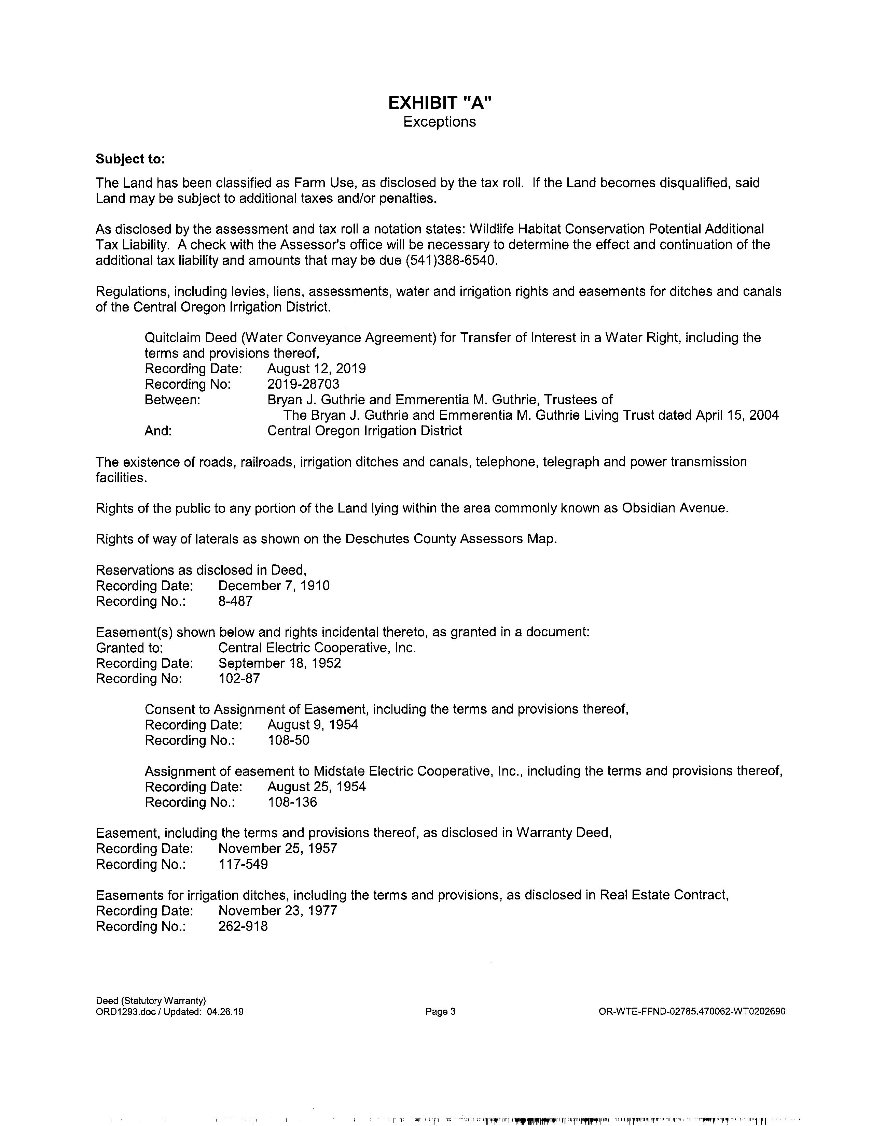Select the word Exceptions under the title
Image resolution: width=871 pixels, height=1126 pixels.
tap(440, 122)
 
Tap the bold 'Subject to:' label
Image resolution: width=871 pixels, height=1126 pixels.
tap(130, 159)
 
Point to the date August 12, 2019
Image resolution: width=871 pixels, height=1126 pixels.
tap(316, 369)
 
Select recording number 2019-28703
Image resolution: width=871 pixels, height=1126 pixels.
tap(303, 384)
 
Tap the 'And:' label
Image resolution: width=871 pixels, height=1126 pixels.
tap(158, 431)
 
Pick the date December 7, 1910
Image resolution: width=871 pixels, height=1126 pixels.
tap(274, 586)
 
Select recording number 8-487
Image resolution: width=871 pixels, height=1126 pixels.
tap(235, 601)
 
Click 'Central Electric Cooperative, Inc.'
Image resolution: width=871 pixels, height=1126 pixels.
tap(317, 648)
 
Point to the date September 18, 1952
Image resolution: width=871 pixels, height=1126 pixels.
tap(280, 663)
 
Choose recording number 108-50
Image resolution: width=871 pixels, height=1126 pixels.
tap(288, 740)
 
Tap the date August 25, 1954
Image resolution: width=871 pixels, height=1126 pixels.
tap(316, 787)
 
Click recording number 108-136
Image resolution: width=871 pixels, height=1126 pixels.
tap(292, 802)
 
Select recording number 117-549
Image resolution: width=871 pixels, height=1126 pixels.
tap(243, 864)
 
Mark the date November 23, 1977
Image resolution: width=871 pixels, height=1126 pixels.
tap(278, 910)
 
